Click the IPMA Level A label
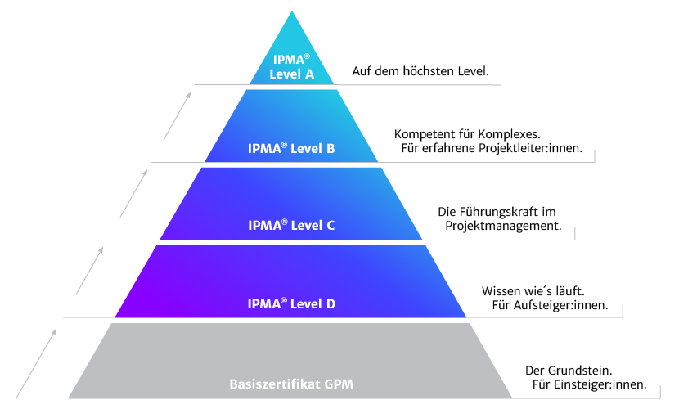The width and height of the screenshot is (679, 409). coord(292,66)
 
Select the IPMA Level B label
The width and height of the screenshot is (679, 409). coord(291,149)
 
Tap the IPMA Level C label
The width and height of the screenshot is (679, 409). coord(291,226)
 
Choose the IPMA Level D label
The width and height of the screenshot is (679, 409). coord(291,303)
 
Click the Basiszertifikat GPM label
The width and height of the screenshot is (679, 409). coord(291,384)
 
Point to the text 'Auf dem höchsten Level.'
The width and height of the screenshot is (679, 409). coord(420,72)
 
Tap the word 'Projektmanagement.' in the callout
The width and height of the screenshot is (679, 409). coord(502,227)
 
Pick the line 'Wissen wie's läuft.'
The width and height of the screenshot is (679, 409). coord(532,290)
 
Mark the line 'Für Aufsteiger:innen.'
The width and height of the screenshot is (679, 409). coord(550,306)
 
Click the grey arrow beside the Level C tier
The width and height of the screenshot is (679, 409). coord(133,191)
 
